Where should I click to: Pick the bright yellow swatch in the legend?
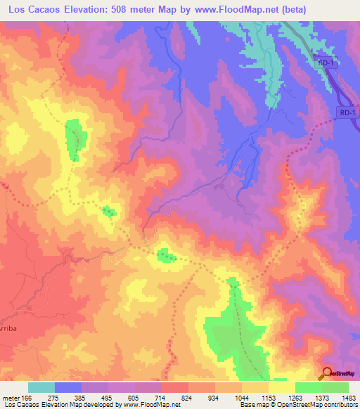coord(282,388)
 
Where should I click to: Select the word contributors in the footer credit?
coord(340,405)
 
